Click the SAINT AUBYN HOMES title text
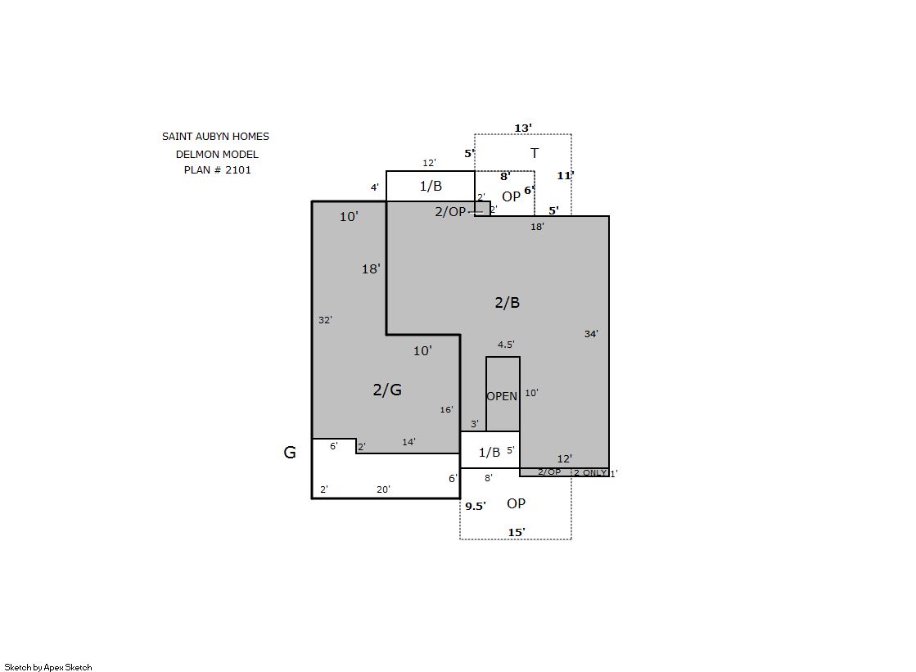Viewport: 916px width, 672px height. click(x=215, y=136)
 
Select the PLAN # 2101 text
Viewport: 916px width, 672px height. click(x=217, y=170)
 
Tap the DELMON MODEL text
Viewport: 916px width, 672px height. click(x=217, y=154)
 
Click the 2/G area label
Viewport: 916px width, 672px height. click(x=387, y=390)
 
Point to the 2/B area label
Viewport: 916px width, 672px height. click(x=507, y=302)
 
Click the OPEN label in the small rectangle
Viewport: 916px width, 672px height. click(x=502, y=396)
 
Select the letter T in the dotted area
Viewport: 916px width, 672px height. click(x=534, y=153)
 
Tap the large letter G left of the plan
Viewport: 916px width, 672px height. click(x=290, y=453)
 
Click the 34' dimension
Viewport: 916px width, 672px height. click(x=591, y=334)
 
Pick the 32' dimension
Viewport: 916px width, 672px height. click(x=326, y=320)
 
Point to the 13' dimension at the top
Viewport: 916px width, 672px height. click(x=523, y=128)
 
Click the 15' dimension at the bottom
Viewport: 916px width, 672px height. click(x=517, y=532)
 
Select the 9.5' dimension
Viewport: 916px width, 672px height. click(x=476, y=506)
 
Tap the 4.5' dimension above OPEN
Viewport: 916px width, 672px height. click(x=506, y=345)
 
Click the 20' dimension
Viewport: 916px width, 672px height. click(x=383, y=489)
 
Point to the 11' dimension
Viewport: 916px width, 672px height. click(x=566, y=175)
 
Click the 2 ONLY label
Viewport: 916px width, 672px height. click(x=590, y=473)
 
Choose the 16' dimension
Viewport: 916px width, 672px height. click(x=446, y=409)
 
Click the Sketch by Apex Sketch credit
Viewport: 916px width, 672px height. click(x=48, y=667)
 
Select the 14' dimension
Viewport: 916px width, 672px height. click(x=409, y=442)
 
